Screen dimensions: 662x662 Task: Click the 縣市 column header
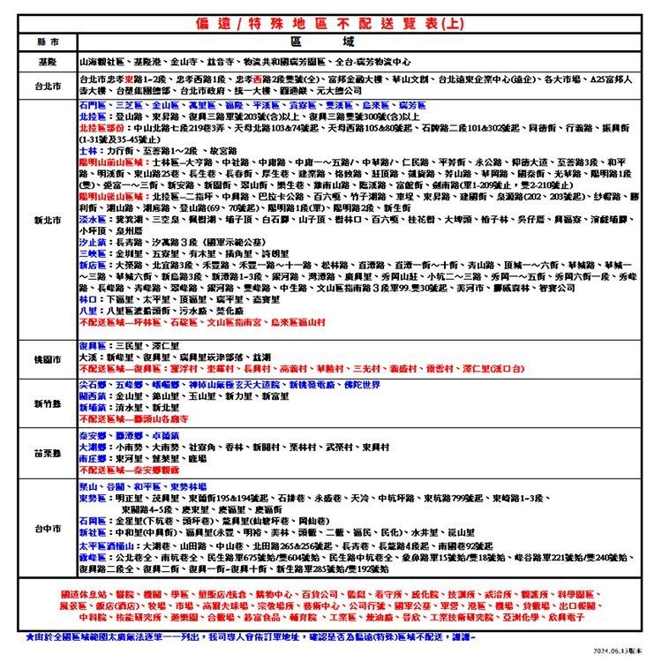click(47, 41)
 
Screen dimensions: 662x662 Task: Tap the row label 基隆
click(47, 64)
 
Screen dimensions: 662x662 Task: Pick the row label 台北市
click(47, 85)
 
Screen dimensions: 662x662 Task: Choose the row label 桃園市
click(47, 359)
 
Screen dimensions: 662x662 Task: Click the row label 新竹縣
click(47, 403)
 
